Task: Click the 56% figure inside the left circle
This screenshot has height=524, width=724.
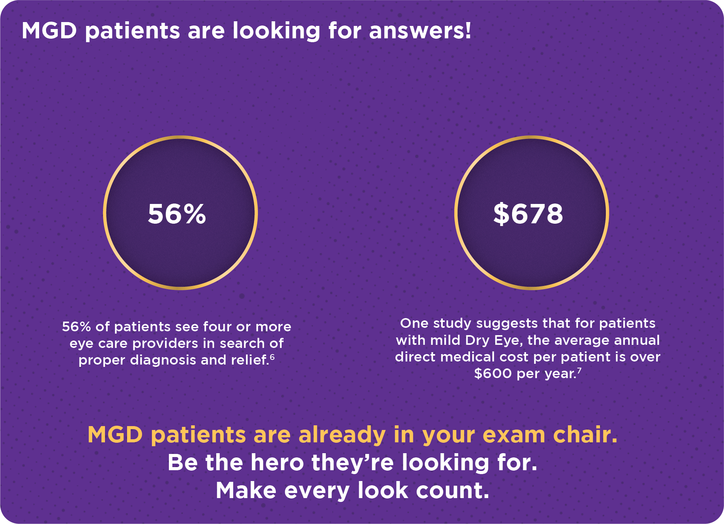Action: (x=177, y=214)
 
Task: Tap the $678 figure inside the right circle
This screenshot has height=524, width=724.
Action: (x=528, y=214)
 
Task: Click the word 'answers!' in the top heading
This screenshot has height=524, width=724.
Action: (x=420, y=31)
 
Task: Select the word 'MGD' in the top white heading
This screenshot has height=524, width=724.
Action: (x=49, y=31)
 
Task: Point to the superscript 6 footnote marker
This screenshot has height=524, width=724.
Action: (x=272, y=356)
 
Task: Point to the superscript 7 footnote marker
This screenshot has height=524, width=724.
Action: (x=579, y=370)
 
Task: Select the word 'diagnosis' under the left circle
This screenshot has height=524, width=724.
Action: (x=163, y=360)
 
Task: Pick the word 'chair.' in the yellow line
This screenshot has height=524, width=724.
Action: (x=585, y=435)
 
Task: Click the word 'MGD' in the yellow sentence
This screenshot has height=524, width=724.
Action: (x=115, y=435)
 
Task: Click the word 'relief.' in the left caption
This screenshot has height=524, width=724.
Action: (x=250, y=360)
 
